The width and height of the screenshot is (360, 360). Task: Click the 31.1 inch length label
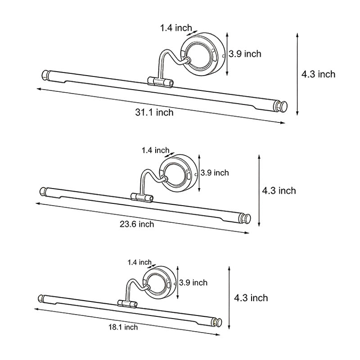coord(154,112)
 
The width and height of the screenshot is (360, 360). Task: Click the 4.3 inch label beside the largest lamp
coord(318,74)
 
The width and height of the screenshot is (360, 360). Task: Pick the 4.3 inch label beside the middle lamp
coord(279,191)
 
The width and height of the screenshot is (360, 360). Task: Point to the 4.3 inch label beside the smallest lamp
coord(251,298)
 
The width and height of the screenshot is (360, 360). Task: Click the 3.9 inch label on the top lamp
coord(245,54)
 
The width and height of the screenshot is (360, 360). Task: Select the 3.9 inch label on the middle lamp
coord(215,173)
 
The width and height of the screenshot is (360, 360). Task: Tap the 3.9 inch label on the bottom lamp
coord(193,283)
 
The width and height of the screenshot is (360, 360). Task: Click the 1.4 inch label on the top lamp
coord(176,28)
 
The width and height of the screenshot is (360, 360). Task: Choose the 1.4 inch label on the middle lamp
coord(155,150)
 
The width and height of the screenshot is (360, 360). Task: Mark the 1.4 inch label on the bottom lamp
coord(139,262)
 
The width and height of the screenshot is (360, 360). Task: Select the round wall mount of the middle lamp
coord(180,172)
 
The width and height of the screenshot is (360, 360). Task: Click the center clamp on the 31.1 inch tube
coord(160,82)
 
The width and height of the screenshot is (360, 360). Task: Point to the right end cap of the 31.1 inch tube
coord(281,107)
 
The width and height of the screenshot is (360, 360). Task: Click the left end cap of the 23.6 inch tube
coord(43,191)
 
